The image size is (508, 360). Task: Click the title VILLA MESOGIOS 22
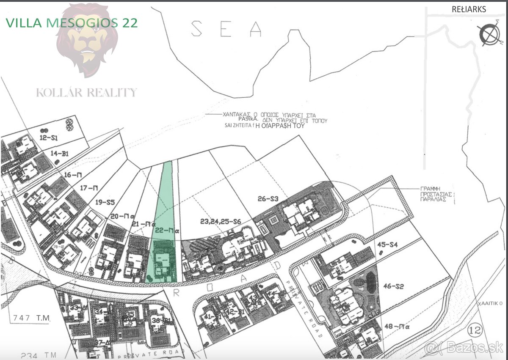click(x=72, y=23)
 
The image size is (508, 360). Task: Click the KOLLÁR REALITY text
click(x=87, y=92)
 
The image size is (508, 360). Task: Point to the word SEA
click(x=226, y=29)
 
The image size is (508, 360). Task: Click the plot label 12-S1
click(x=49, y=138)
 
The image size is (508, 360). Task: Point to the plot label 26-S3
click(x=268, y=198)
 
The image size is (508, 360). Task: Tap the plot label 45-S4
click(x=387, y=244)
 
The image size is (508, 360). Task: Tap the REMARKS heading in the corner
click(x=469, y=9)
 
